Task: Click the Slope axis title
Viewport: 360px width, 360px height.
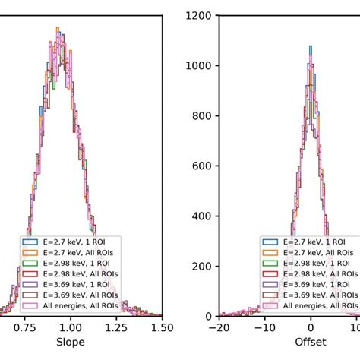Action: click(x=71, y=343)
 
